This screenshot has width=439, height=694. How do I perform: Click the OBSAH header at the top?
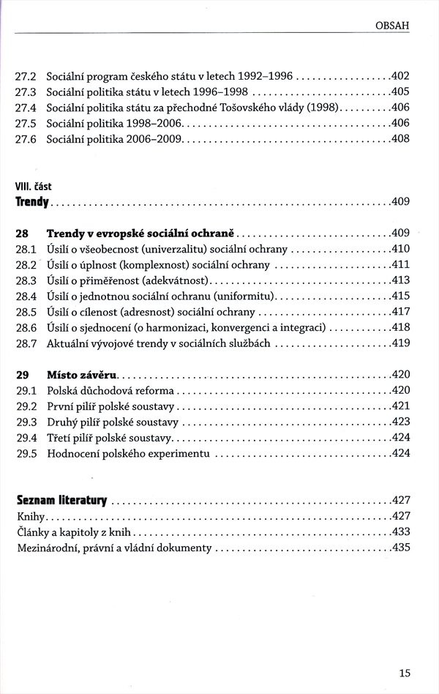click(x=392, y=26)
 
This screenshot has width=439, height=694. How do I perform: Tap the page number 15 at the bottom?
click(x=405, y=674)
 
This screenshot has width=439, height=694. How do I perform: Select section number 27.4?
click(x=25, y=108)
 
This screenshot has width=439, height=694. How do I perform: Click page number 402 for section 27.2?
click(x=401, y=76)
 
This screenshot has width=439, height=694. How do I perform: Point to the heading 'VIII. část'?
click(x=34, y=187)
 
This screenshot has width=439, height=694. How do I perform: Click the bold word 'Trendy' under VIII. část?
click(x=32, y=202)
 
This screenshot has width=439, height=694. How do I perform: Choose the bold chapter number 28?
click(x=22, y=234)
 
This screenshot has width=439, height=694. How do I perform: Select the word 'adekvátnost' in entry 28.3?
click(x=176, y=280)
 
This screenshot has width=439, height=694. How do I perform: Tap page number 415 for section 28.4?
click(x=401, y=296)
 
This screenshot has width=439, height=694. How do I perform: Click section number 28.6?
click(x=26, y=328)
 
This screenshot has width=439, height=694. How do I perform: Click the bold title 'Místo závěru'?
click(x=82, y=375)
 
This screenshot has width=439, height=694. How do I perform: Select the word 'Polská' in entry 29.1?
click(x=61, y=391)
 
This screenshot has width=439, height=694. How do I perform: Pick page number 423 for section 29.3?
click(x=402, y=422)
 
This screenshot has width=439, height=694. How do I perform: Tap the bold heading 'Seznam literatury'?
click(x=62, y=501)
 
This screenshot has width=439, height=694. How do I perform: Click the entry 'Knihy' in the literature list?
click(x=31, y=517)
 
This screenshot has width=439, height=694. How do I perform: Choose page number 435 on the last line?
click(x=402, y=548)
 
